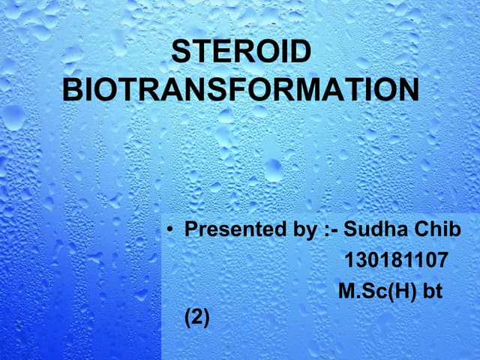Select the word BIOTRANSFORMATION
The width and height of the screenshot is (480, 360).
coord(240,90)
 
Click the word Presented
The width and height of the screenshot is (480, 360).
coord(229,229)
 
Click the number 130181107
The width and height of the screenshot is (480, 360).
coord(396,260)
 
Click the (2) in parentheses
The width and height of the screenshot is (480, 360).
coord(198,319)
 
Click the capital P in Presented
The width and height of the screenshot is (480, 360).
coord(190,229)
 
